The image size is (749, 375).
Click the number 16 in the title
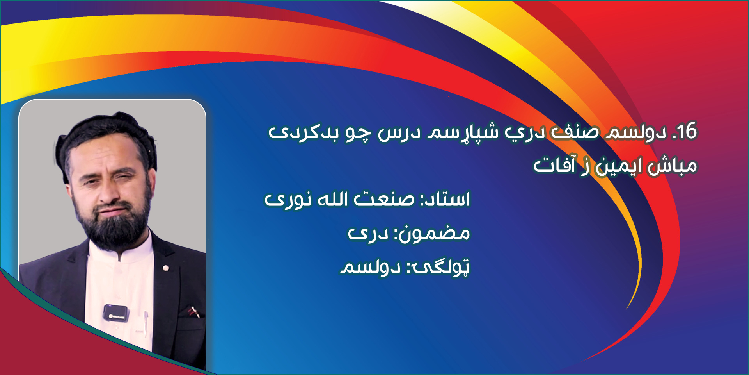(x=687, y=131)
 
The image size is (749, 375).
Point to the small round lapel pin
(x=165, y=268)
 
